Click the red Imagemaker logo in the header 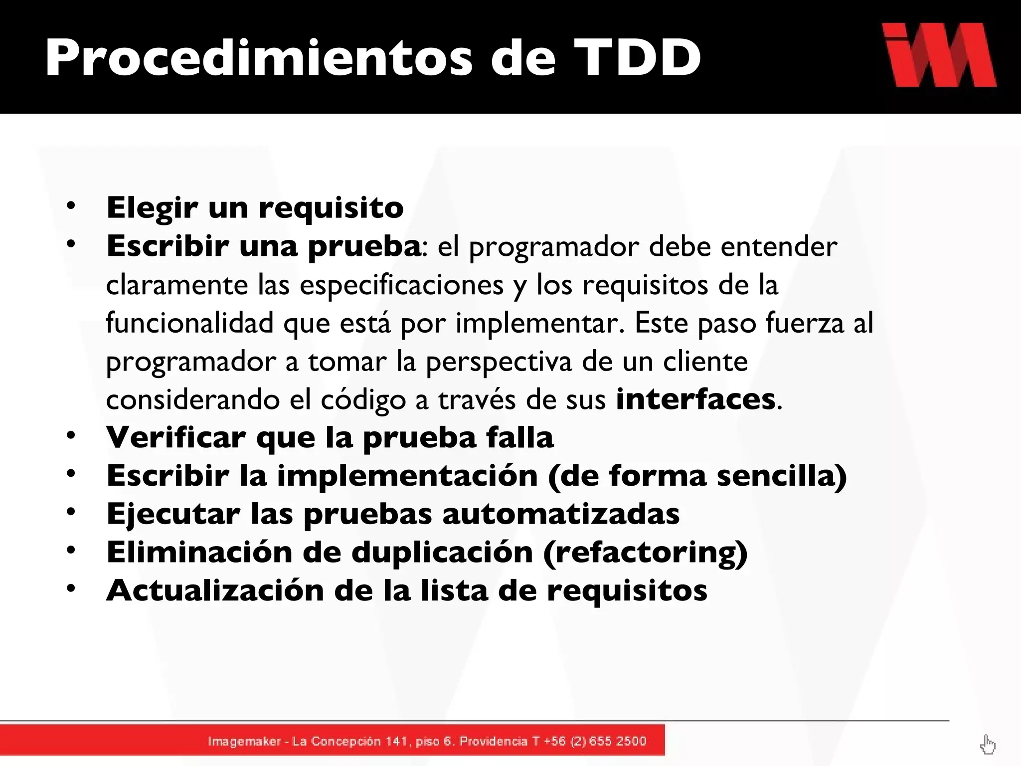click(939, 55)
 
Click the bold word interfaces click(695, 399)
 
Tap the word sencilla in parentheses click(777, 476)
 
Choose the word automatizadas click(561, 514)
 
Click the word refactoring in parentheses click(645, 553)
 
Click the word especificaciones click(401, 285)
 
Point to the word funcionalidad click(189, 323)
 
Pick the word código click(363, 400)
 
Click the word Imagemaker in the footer click(244, 742)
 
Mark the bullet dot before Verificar click(71, 435)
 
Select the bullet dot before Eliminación click(71, 550)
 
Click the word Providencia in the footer click(493, 741)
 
